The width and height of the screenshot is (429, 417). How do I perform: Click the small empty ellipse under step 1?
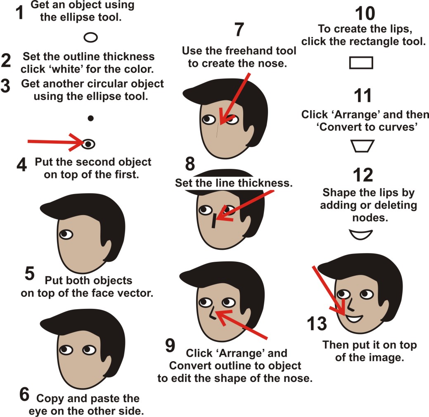(x=90, y=38)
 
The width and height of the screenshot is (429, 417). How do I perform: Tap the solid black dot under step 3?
(x=90, y=118)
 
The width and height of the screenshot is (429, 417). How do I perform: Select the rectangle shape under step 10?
(x=361, y=63)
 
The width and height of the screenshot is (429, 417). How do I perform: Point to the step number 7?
(x=239, y=30)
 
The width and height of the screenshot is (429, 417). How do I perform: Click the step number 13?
(x=317, y=324)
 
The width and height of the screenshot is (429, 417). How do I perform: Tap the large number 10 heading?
(x=365, y=14)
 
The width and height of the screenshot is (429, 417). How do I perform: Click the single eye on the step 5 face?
(x=65, y=235)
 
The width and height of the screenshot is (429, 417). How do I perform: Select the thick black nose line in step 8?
(x=213, y=221)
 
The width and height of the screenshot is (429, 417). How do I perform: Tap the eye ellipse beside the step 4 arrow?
(x=88, y=144)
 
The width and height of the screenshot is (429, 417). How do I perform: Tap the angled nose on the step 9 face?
(x=211, y=314)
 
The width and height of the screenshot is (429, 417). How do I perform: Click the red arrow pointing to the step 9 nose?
(x=244, y=326)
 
